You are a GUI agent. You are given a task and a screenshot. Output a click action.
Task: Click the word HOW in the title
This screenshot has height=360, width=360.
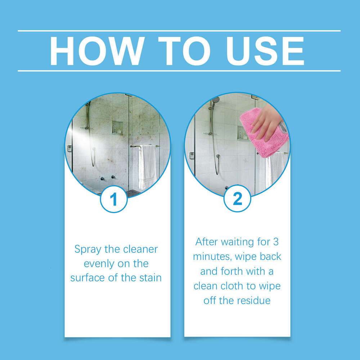point(91,51)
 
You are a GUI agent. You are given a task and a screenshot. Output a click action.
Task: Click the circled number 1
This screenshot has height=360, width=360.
point(114,199)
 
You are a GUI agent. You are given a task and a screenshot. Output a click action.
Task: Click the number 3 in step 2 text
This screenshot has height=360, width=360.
point(275,242)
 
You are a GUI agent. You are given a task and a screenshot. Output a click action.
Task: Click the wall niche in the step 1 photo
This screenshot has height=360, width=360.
point(117,127)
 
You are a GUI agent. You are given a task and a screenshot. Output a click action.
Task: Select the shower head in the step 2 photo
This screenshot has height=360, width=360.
point(215,100)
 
